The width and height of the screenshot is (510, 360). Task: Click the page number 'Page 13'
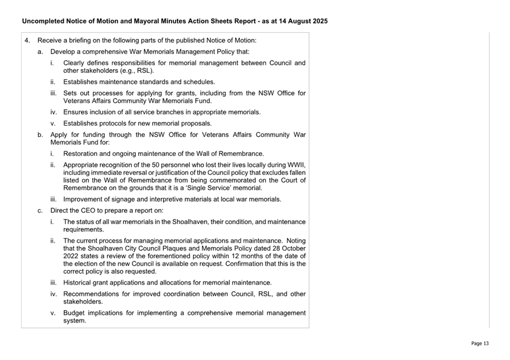click(480, 343)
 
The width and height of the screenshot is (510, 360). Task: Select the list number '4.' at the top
click(28, 40)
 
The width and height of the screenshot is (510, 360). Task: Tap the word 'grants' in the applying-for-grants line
click(198, 93)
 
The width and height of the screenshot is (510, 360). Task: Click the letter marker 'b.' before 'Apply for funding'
click(40, 135)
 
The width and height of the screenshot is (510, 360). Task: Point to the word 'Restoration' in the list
click(82, 154)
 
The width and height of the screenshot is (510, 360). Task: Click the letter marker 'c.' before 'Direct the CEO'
click(40, 210)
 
